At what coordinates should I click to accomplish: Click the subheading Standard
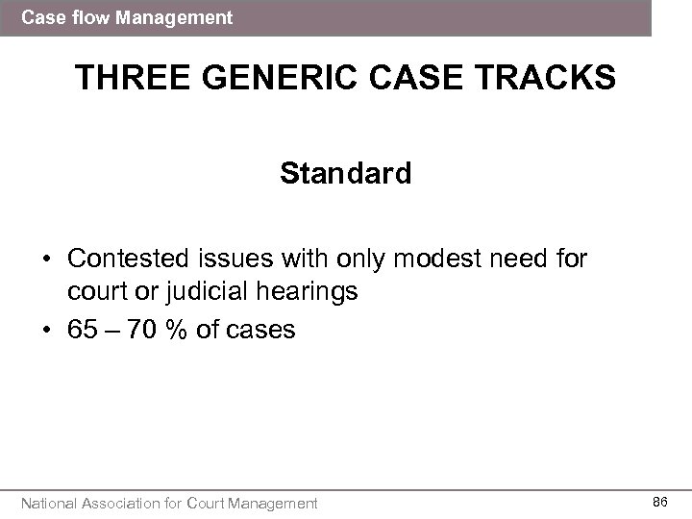(346, 174)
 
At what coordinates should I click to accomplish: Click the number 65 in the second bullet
(83, 330)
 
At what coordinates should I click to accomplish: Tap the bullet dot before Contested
(45, 259)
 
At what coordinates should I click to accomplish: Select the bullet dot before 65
(45, 331)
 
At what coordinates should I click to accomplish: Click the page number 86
(660, 502)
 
